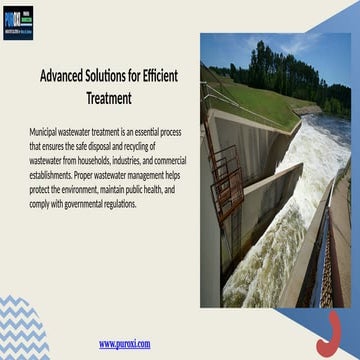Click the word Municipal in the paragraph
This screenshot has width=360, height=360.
click(48, 130)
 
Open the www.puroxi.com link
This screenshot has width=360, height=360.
click(124, 343)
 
